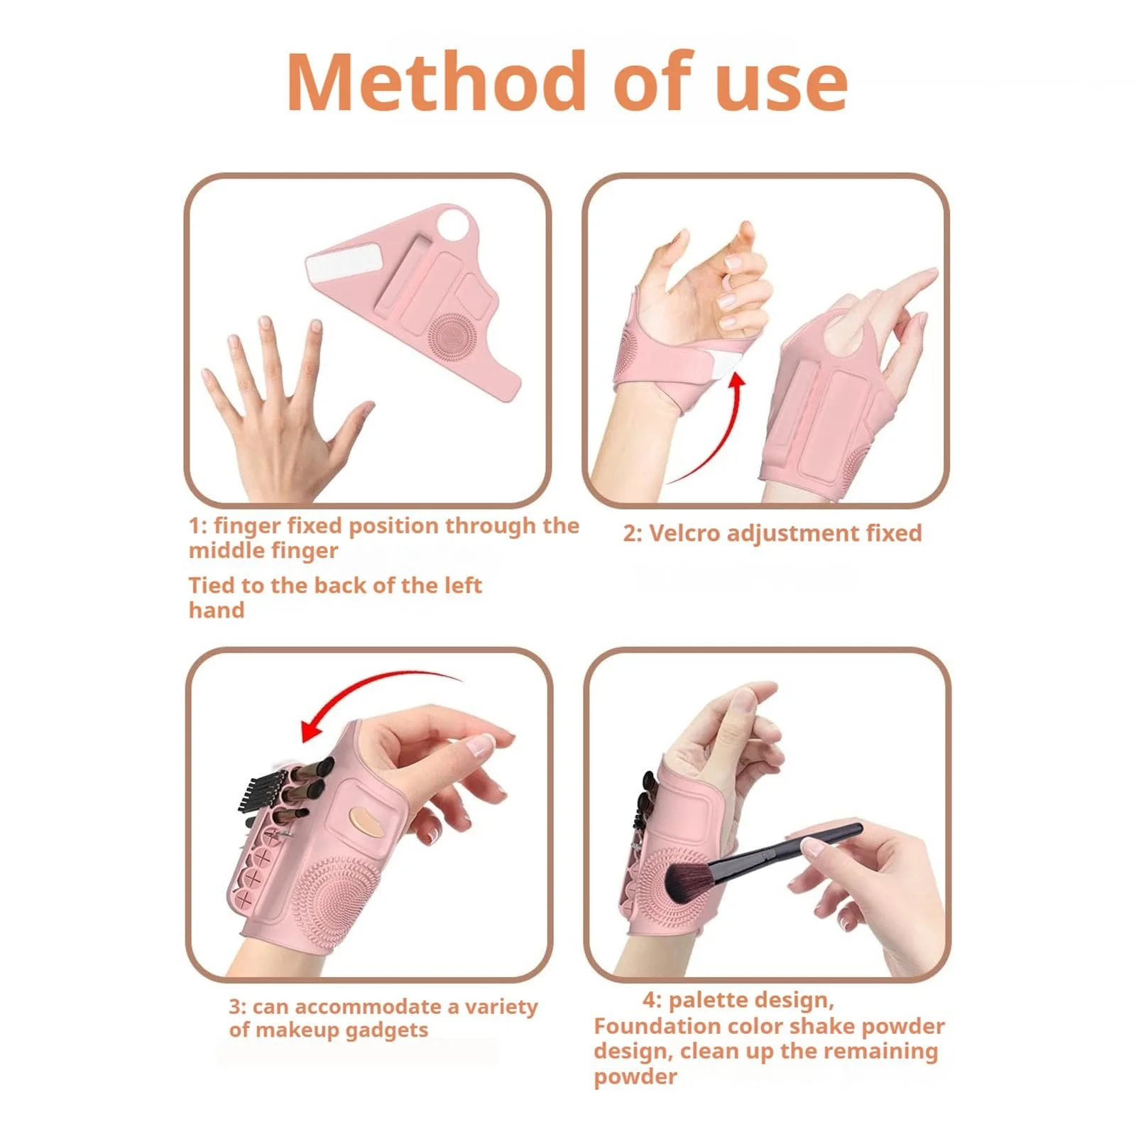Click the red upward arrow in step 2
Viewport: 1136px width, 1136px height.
710,433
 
